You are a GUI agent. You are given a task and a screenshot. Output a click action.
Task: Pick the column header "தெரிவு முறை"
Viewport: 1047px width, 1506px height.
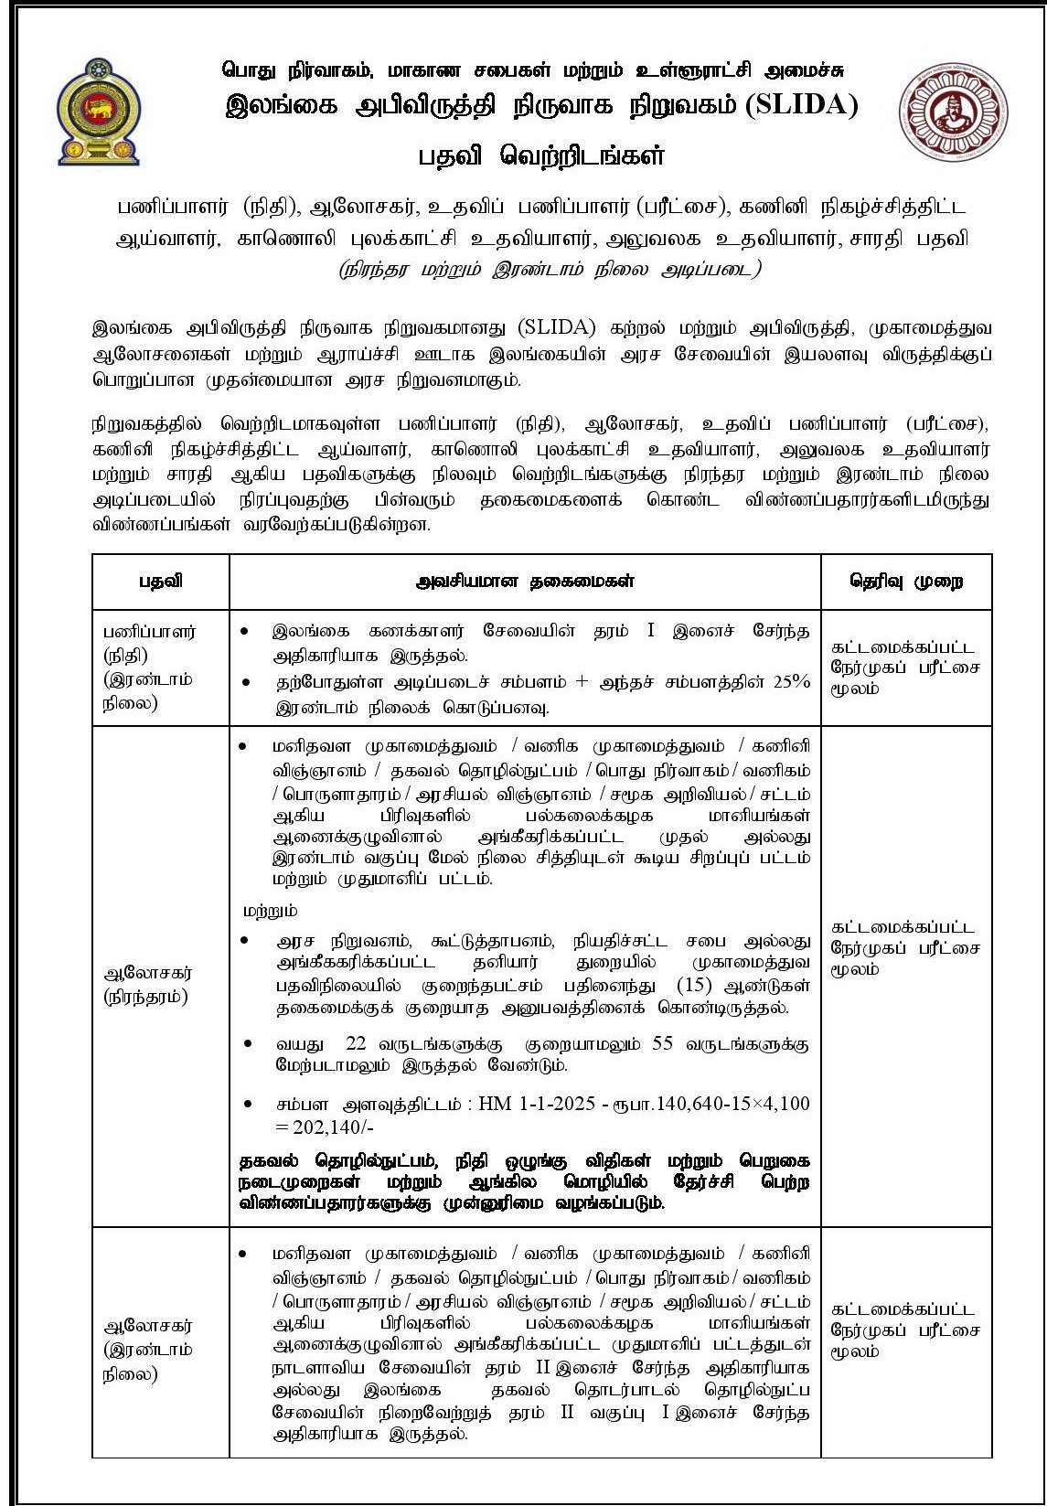tap(905, 582)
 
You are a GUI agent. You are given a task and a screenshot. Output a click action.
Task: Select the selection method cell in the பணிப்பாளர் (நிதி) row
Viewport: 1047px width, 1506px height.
tap(905, 668)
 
